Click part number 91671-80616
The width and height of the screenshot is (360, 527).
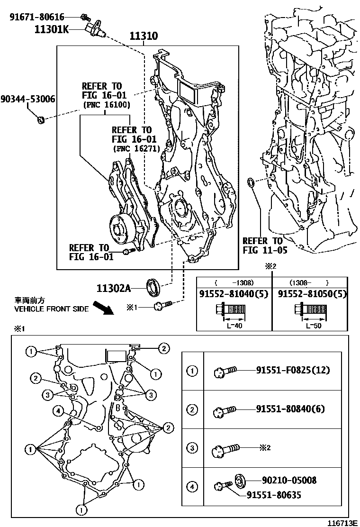coord(37,18)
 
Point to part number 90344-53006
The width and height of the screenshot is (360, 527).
coord(27,99)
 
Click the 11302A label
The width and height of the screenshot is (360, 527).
coord(113,287)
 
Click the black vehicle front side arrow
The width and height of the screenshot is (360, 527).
coord(103,309)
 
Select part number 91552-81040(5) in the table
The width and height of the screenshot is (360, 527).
coord(234,294)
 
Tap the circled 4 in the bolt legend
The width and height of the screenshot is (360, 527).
coord(192,486)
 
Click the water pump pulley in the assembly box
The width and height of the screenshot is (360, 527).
coord(118,228)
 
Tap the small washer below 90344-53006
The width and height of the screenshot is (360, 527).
coord(42,119)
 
